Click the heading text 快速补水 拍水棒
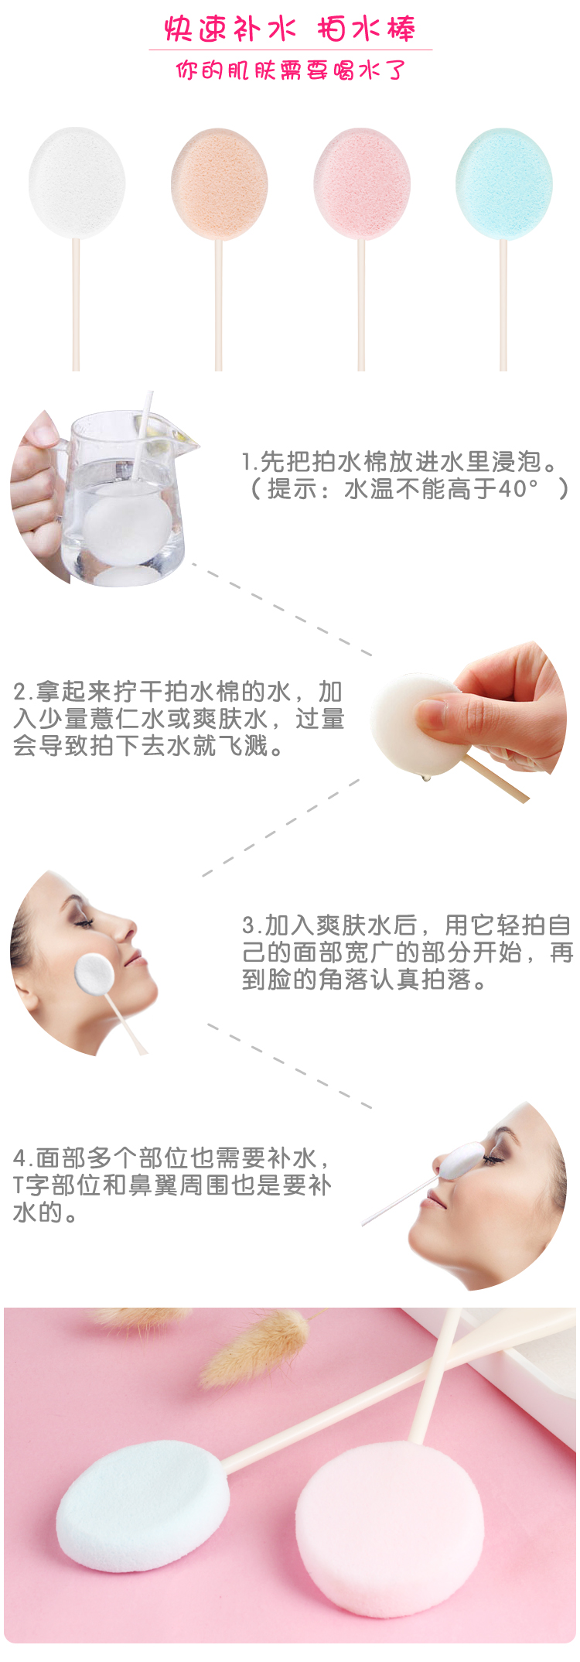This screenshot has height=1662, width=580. [x=290, y=29]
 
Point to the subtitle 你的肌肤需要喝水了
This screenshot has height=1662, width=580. [x=290, y=70]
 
